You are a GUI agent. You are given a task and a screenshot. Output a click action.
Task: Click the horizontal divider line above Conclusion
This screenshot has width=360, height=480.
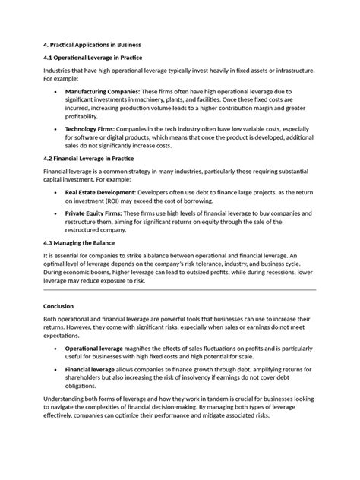coord(180,289)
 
